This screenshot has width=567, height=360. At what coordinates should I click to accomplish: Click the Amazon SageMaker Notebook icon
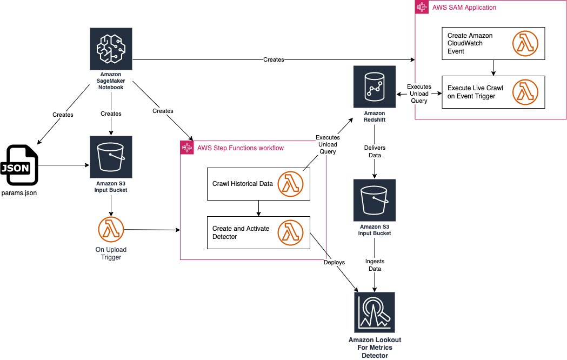pos(111,48)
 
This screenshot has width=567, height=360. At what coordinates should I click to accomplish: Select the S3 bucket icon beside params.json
pos(111,156)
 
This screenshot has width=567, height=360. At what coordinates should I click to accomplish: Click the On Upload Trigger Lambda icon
pos(111,229)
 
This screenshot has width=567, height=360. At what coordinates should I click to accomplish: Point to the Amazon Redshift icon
pos(374,87)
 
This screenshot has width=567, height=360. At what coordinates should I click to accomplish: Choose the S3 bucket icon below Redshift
pos(374,200)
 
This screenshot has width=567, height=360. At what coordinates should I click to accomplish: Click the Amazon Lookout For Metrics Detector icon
pos(375,312)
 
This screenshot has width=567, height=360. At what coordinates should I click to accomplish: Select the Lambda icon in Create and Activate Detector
pos(290,232)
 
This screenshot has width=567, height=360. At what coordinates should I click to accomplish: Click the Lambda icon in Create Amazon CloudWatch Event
pos(524,43)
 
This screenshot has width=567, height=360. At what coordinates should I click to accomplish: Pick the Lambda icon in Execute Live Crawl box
pos(524,92)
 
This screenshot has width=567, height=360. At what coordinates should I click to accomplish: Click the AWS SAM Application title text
pos(464,8)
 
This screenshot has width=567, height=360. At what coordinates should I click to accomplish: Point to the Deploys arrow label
pos(334,262)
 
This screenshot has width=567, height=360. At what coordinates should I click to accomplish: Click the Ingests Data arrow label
pos(375,265)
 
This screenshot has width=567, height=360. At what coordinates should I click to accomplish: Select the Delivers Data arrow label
pos(375,151)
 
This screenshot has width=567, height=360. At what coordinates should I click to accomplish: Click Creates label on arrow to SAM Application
pos(274,59)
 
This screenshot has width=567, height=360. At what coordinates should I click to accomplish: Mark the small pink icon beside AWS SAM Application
pos(422,8)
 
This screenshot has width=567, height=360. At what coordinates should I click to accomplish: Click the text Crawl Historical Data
pos(243,184)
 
